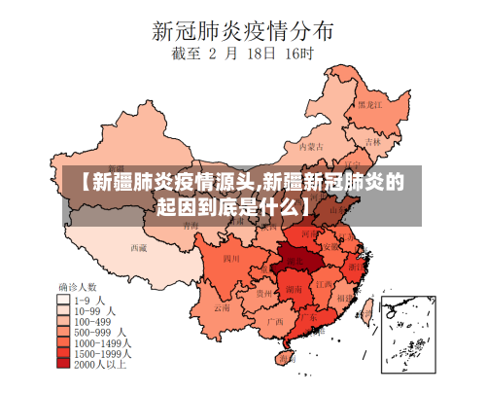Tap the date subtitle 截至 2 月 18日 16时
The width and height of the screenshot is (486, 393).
tap(242, 55)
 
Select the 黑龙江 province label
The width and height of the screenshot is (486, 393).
tap(368, 103)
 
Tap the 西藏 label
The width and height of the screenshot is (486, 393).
tap(139, 247)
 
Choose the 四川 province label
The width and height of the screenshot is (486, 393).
tap(231, 259)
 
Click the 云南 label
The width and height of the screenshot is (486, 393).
tap(223, 307)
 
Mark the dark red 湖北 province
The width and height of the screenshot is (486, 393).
tap(293, 256)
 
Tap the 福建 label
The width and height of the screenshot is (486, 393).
tap(342, 298)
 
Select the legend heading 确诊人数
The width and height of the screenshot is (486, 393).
tap(78, 287)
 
